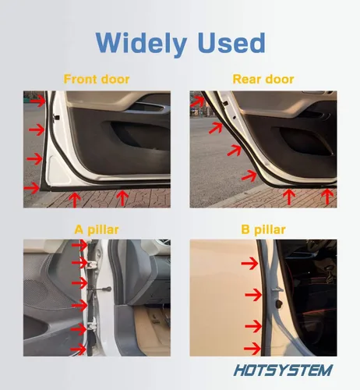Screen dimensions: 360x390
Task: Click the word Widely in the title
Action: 141,44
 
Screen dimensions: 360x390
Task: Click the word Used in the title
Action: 231,43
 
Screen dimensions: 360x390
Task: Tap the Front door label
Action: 97,79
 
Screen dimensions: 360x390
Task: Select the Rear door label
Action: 263,79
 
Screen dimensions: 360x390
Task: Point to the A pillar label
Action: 97,230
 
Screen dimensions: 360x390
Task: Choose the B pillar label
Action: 263,230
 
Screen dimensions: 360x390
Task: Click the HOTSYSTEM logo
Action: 283,370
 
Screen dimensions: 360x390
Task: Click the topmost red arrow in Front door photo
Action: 37,101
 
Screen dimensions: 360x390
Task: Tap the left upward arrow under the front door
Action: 75,200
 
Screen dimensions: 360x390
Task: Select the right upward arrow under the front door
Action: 122,197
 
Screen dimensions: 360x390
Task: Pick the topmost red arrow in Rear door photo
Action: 197,101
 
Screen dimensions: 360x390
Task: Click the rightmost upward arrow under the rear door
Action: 327,197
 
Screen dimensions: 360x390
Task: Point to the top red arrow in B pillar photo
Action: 249,264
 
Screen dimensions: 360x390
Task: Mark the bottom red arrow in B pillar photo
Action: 252,349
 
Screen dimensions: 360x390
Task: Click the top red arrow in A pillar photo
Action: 79,245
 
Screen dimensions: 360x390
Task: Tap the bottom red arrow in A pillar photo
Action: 79,349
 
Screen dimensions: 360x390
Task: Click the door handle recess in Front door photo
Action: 149,108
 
